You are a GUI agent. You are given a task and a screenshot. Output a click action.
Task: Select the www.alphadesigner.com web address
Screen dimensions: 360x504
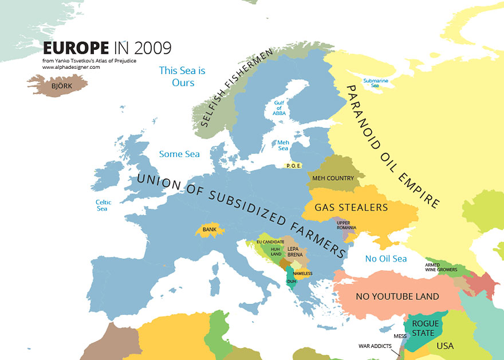pyautogui.click(x=71, y=67)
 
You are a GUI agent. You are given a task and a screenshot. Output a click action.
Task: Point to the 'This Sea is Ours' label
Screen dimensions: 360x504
pyautogui.click(x=182, y=77)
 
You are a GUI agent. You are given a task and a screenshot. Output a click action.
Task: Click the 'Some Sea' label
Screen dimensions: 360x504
pyautogui.click(x=179, y=154)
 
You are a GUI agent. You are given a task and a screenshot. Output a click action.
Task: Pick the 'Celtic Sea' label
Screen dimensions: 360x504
pyautogui.click(x=103, y=205)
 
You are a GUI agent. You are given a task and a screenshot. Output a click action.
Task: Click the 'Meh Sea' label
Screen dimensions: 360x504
pyautogui.click(x=283, y=145)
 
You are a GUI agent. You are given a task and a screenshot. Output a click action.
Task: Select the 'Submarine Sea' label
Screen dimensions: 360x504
pyautogui.click(x=376, y=83)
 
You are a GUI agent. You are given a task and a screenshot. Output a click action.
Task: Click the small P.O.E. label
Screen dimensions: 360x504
pyautogui.click(x=293, y=166)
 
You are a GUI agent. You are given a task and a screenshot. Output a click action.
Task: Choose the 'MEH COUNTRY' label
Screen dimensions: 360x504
pyautogui.click(x=333, y=178)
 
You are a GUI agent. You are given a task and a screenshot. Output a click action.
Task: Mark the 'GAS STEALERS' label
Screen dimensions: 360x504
pyautogui.click(x=352, y=207)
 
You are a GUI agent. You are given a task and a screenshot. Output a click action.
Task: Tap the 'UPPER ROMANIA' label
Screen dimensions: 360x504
pyautogui.click(x=346, y=224)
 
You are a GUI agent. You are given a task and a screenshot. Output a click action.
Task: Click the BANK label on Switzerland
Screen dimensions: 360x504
pyautogui.click(x=208, y=230)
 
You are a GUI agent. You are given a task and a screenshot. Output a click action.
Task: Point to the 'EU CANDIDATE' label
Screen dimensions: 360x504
pyautogui.click(x=270, y=242)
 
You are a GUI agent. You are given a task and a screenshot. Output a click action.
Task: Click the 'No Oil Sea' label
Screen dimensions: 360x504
pyautogui.click(x=386, y=259)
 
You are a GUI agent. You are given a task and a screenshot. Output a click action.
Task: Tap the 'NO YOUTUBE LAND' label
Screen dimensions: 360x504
pyautogui.click(x=397, y=296)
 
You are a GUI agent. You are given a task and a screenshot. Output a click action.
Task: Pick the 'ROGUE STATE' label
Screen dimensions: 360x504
pyautogui.click(x=426, y=328)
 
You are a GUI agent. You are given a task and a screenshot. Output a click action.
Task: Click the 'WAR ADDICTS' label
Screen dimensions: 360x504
pyautogui.click(x=375, y=346)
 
